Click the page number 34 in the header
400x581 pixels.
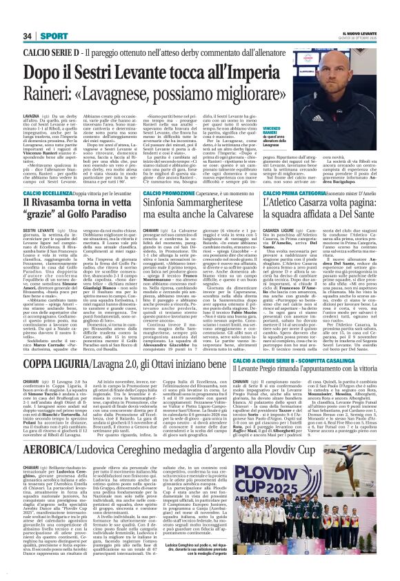point(28,35)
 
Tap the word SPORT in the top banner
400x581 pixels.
point(50,35)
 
